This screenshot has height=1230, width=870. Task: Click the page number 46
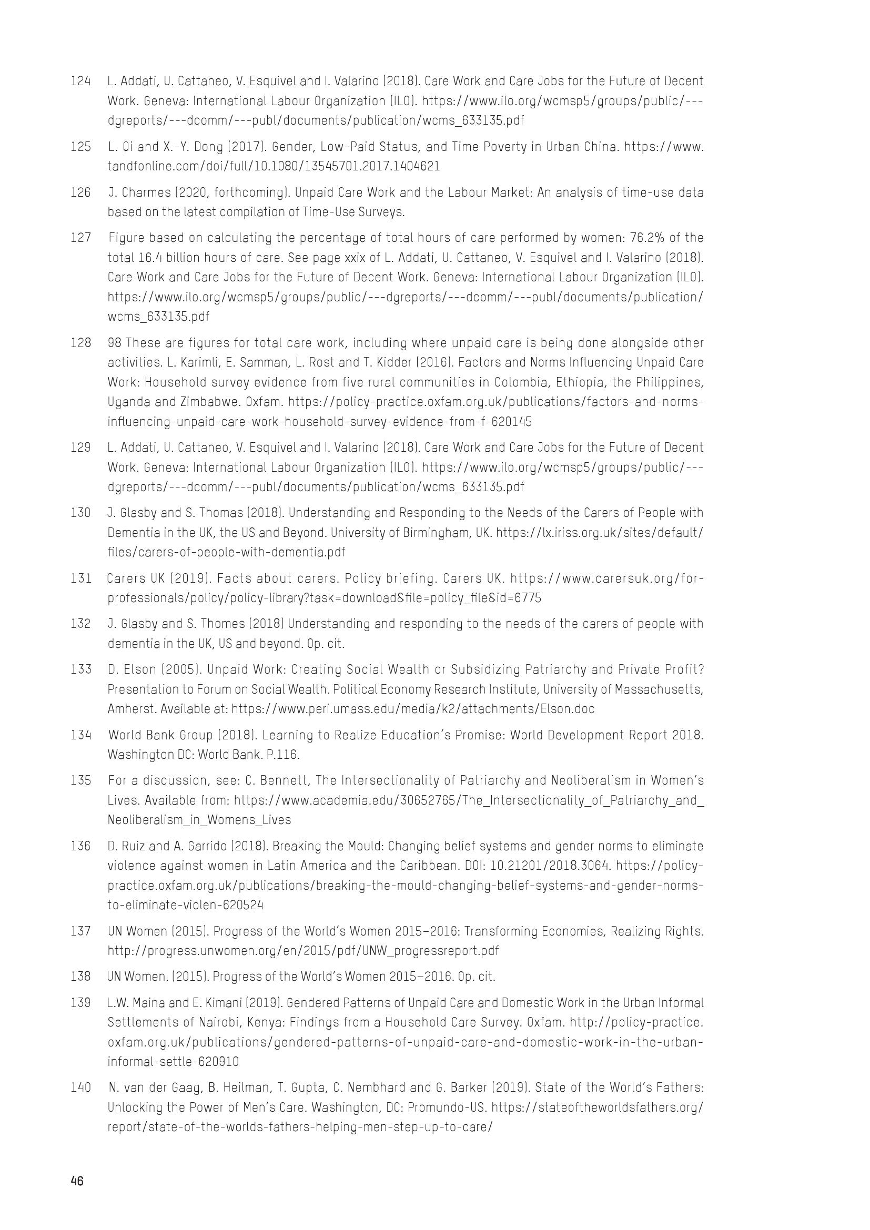[77, 1181]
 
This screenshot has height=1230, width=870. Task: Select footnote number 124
[80, 82]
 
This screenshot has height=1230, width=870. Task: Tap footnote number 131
[80, 578]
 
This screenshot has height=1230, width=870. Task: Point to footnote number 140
[80, 1088]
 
